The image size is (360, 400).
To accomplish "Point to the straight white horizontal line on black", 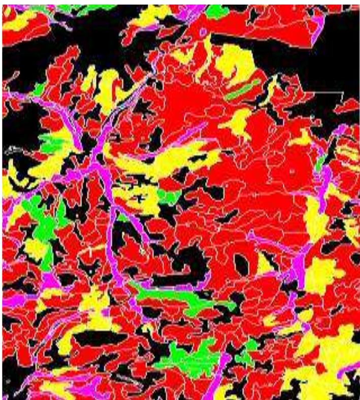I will click(x=327, y=93).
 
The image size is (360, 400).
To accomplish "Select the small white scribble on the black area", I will click(x=11, y=149).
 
